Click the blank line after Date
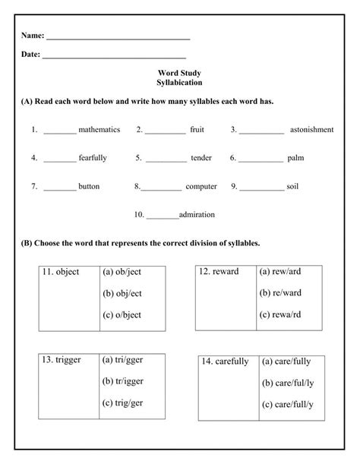click(114, 56)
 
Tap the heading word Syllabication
click(179, 82)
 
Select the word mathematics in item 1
click(99, 130)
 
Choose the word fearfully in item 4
click(93, 158)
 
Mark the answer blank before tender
click(166, 159)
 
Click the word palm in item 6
click(295, 158)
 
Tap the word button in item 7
click(89, 186)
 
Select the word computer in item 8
click(201, 186)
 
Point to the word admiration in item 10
click(197, 214)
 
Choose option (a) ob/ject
click(123, 271)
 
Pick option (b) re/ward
click(281, 292)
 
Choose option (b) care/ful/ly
click(289, 383)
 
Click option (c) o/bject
click(122, 314)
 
